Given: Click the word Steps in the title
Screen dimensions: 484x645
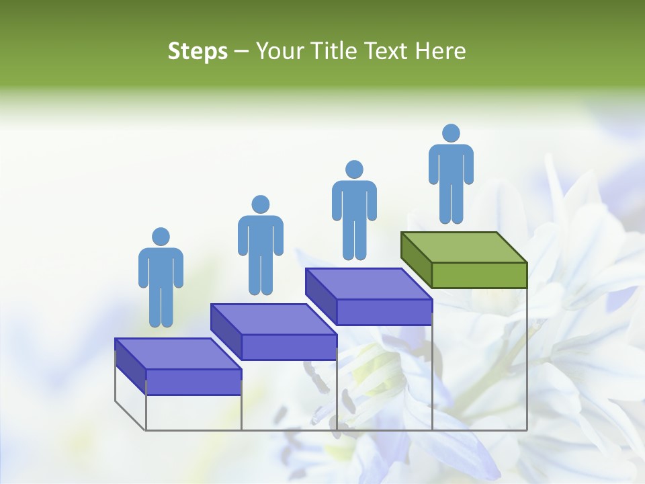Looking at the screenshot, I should point(198,51).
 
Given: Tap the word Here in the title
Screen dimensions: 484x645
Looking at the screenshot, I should point(440,51).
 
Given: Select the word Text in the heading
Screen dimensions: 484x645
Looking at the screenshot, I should point(387,51).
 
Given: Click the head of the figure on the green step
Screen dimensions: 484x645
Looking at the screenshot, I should point(451,133).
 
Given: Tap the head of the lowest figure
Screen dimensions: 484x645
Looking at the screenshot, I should point(161,237).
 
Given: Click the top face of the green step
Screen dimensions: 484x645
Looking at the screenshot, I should point(464,247).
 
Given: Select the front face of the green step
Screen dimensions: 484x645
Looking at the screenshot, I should point(479,275).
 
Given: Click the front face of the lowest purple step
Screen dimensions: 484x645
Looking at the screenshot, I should point(193,382).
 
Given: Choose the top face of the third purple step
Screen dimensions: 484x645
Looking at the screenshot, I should point(368,284).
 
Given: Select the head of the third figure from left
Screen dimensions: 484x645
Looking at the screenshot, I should point(354,169).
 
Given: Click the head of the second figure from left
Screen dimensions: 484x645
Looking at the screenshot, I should point(261,204).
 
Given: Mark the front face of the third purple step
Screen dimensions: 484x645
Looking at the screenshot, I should point(384,312).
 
